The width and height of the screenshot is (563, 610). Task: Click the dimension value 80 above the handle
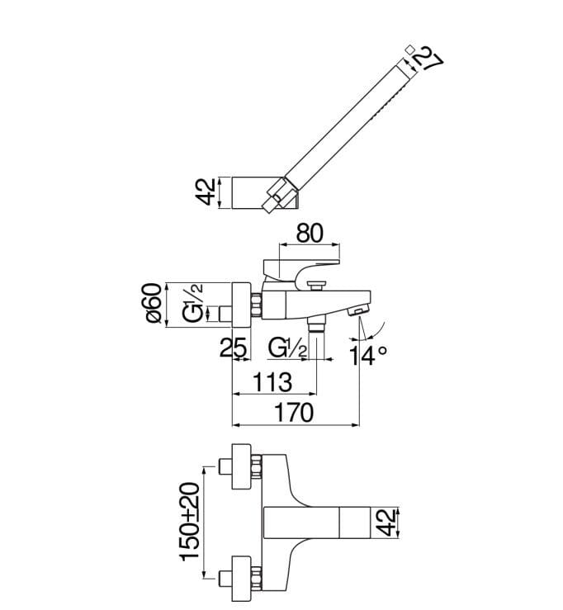pos(310,233)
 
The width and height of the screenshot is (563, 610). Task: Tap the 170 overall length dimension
pos(294,413)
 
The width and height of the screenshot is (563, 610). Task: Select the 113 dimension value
pos(272,382)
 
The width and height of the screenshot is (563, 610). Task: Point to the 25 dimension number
pos(233,347)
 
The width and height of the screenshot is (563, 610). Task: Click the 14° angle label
pos(367,355)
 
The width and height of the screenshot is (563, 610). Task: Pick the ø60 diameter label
pos(154,304)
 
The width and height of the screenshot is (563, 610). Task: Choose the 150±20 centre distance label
pos(190,522)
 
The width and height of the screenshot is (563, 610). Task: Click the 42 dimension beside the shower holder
pos(206,192)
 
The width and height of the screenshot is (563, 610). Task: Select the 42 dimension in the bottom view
pos(386,523)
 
